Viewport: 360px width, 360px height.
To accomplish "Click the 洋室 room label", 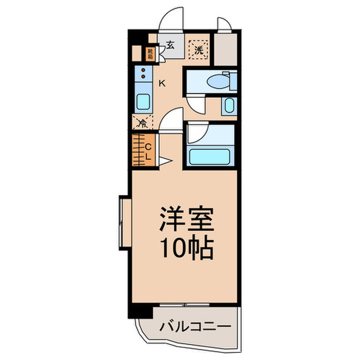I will coord(186,222).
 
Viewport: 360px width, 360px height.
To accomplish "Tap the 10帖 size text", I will coord(186,249).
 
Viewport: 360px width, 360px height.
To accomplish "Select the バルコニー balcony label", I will coord(194,326).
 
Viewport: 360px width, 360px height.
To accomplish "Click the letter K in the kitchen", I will coord(161,83).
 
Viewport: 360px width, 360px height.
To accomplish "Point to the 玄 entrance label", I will coord(170,45).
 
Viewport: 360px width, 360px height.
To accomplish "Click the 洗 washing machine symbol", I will coord(199,49).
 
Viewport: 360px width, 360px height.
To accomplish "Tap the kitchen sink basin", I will coord(142,101).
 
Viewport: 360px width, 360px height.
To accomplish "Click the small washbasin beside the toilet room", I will coord(229,106).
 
